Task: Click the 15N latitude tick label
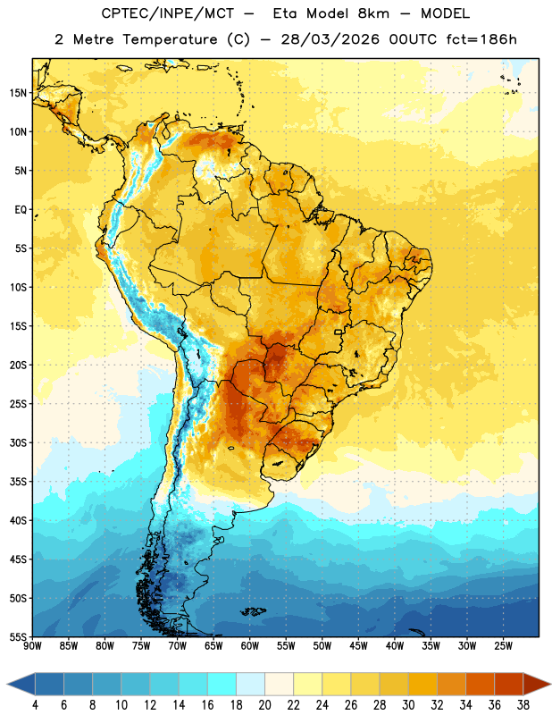pos(18,93)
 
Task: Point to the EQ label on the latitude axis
pos(21,210)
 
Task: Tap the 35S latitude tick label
pos(18,482)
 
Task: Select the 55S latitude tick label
pos(18,636)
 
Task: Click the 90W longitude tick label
pos(32,646)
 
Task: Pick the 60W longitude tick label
pos(250,646)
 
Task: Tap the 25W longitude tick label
pos(503,646)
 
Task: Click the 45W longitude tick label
pos(358,646)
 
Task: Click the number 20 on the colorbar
pos(264,705)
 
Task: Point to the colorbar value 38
pos(523,705)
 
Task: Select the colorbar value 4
pos(35,705)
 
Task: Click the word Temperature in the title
pos(170,39)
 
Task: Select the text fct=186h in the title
pos(481,39)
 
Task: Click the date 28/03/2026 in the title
pos(330,39)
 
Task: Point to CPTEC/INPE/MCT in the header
pos(168,13)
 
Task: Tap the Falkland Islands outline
pos(253,611)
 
